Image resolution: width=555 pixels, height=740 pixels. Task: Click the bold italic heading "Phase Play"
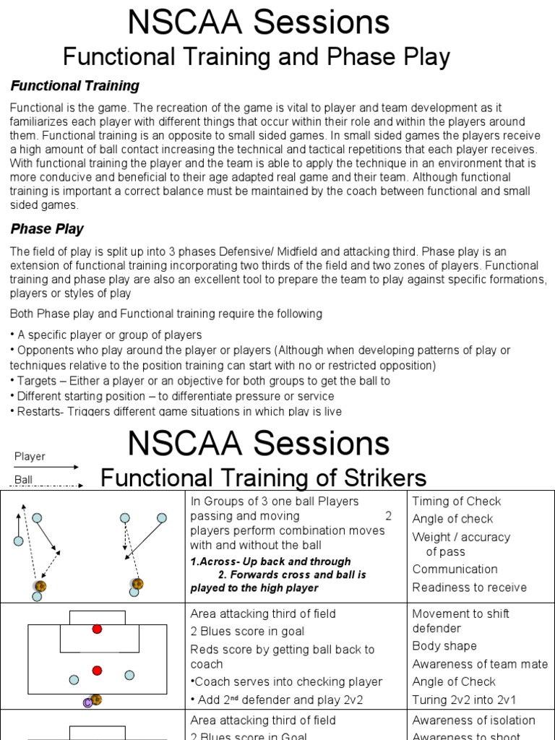click(x=47, y=229)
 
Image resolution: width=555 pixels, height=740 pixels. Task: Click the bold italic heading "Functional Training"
click(x=74, y=86)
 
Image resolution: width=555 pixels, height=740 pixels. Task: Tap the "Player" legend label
click(x=30, y=456)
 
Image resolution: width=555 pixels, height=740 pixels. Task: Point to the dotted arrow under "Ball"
click(x=47, y=486)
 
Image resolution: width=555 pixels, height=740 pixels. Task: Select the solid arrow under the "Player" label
click(x=47, y=467)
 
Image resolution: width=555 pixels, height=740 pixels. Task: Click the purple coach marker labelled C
click(x=88, y=702)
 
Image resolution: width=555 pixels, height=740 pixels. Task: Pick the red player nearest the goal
click(x=97, y=629)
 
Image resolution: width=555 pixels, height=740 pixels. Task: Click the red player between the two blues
click(x=97, y=671)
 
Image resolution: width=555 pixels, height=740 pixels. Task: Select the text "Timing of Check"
click(x=456, y=502)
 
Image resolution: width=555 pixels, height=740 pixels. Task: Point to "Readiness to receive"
click(x=469, y=588)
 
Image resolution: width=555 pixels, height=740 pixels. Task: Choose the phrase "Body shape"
click(x=444, y=646)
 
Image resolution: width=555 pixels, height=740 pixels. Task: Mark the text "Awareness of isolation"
click(x=473, y=720)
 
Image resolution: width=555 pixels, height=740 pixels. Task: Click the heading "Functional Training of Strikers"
click(x=263, y=478)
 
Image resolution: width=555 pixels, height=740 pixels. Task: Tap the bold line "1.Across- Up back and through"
click(x=270, y=562)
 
